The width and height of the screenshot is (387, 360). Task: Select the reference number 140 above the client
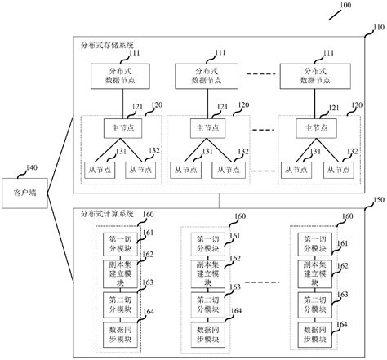pyautogui.click(x=30, y=168)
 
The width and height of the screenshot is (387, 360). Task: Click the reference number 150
pyautogui.click(x=377, y=198)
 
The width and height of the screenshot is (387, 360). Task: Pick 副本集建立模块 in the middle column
pyautogui.click(x=206, y=271)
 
